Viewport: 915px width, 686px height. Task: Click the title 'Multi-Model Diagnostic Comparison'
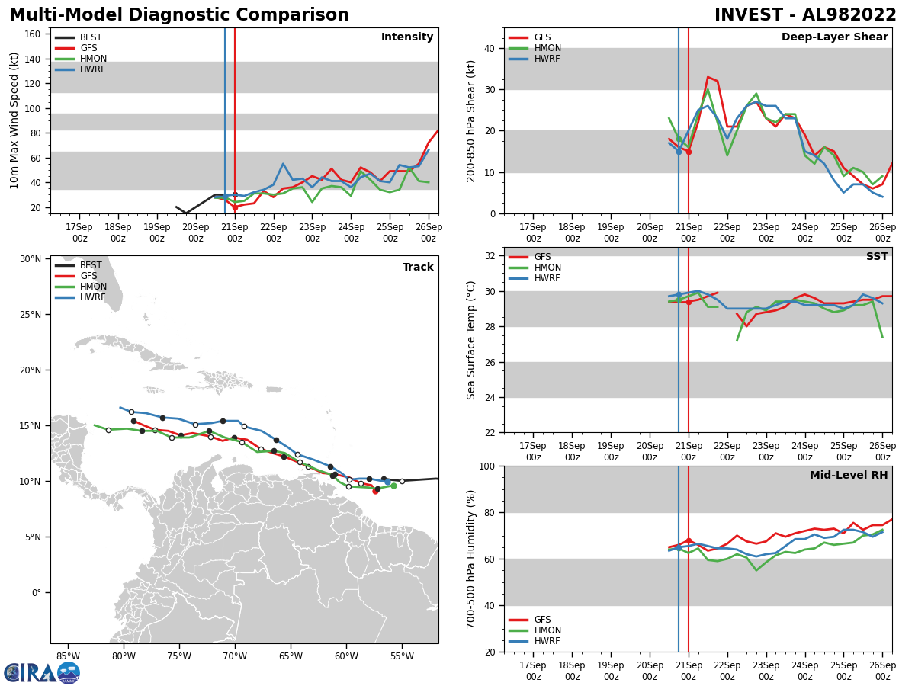pos(178,15)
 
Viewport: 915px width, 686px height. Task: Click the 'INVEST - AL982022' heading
pos(805,15)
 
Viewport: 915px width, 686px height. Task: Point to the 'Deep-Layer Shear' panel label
pos(834,37)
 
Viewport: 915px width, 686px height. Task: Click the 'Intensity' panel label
pos(407,37)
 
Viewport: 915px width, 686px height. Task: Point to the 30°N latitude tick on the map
pos(30,259)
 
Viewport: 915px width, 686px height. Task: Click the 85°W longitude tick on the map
pos(68,656)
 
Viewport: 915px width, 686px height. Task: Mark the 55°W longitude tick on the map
pos(402,656)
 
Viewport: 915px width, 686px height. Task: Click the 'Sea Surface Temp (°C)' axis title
pos(472,340)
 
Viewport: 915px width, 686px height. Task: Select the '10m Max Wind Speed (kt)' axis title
pos(14,120)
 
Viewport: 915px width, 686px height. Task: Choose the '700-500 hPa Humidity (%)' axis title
pos(472,559)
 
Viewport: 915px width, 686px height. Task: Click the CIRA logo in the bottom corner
pos(41,673)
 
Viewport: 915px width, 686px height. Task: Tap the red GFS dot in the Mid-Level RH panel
pos(689,540)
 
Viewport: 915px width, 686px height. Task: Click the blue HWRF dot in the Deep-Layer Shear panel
pos(679,151)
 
